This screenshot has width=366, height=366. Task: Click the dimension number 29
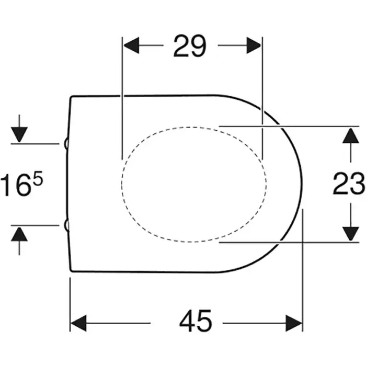point(190,46)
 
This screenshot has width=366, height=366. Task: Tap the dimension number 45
point(196,321)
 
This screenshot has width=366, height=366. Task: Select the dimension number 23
point(349,183)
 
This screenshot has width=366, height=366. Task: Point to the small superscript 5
point(39,177)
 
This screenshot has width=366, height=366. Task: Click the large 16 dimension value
point(18,185)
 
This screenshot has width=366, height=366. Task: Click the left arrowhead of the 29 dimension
point(131,45)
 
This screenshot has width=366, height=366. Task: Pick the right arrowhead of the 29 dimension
point(254,45)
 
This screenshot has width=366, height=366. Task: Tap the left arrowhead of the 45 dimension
point(78,323)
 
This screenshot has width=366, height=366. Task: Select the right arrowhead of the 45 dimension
point(294,323)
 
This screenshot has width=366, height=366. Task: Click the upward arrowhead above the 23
point(351,135)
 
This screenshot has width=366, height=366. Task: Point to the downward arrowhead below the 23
point(351,234)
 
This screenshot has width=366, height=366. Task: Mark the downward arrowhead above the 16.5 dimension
point(19,134)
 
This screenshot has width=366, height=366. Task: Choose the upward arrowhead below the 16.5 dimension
point(19,234)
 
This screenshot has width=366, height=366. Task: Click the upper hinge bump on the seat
point(66,144)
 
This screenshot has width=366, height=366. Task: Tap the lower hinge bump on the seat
point(66,225)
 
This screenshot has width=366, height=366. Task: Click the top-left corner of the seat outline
point(71,97)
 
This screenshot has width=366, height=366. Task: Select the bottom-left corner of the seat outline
point(71,270)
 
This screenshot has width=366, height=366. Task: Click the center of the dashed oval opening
point(194,184)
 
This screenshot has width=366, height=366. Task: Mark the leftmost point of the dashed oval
point(122,184)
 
